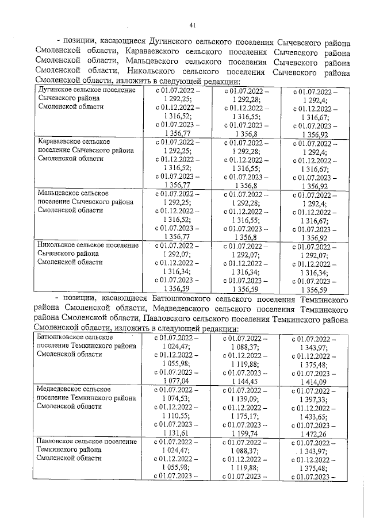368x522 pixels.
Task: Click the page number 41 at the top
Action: point(193,25)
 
